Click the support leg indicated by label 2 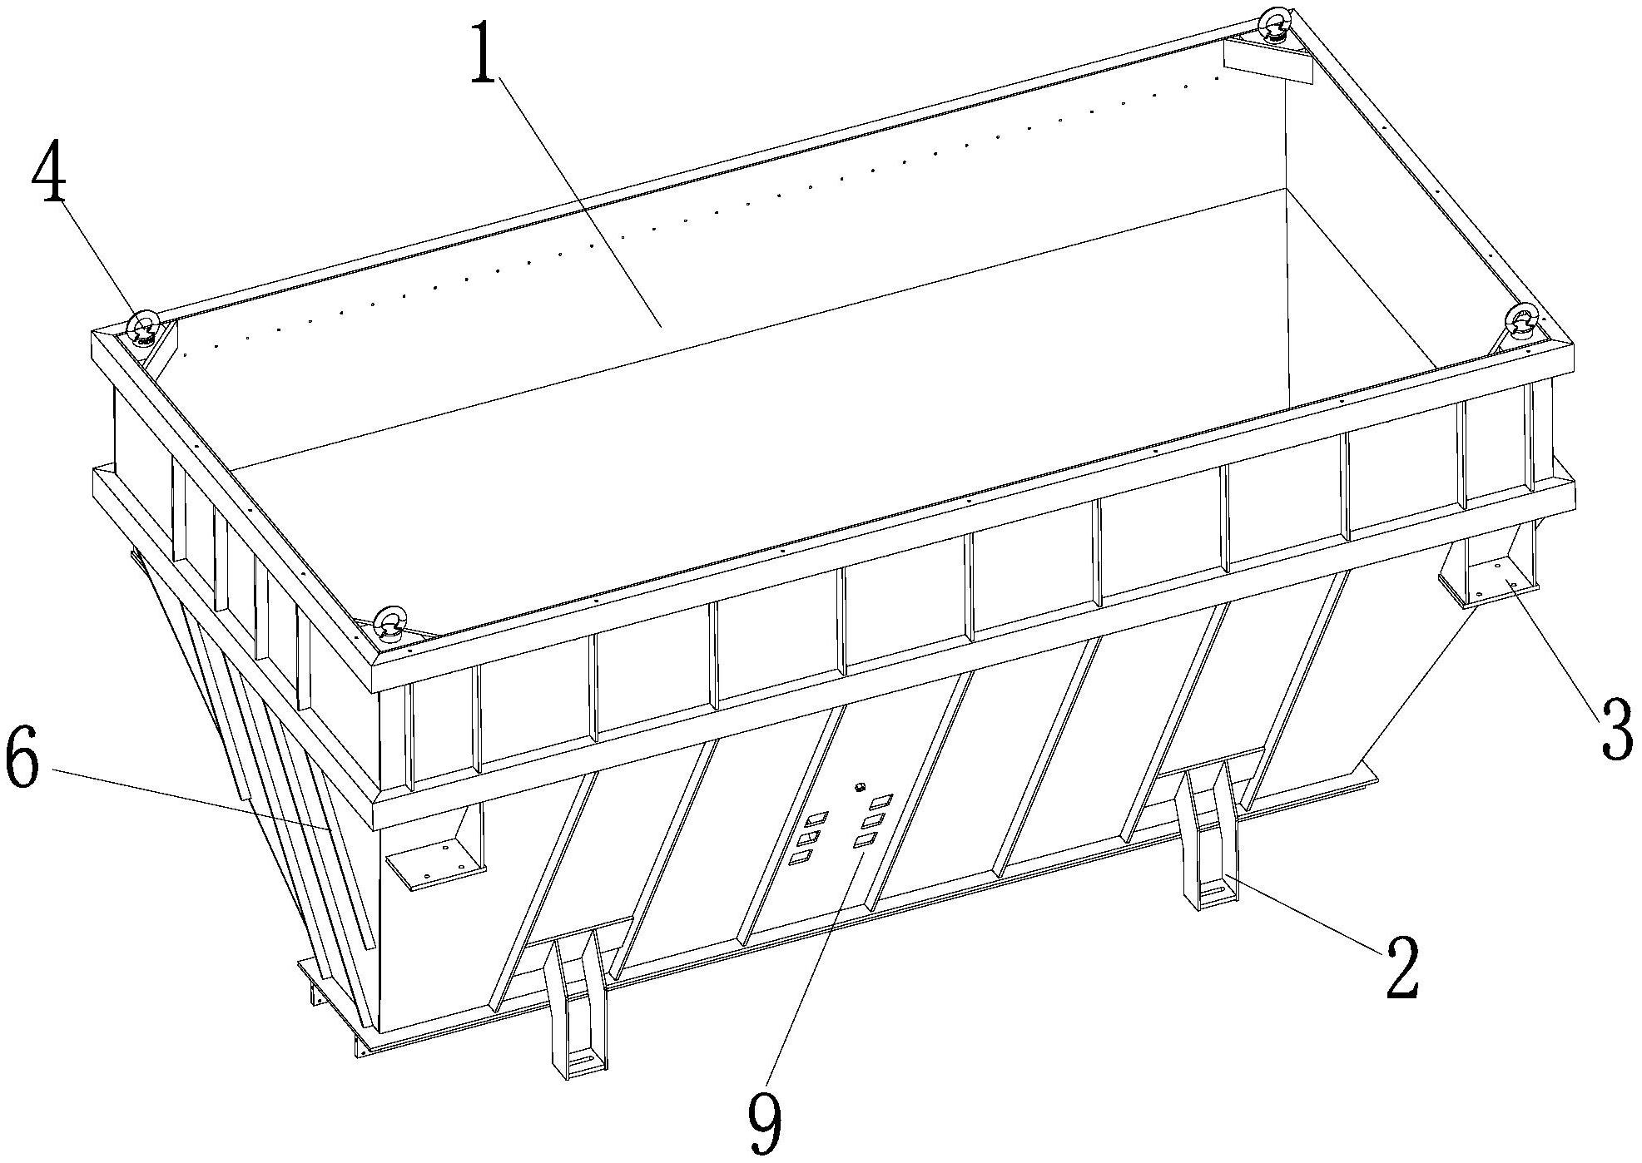point(1207,836)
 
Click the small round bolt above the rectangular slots point(861,787)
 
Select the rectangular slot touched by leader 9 point(865,841)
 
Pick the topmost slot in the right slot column point(880,802)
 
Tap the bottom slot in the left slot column point(801,858)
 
